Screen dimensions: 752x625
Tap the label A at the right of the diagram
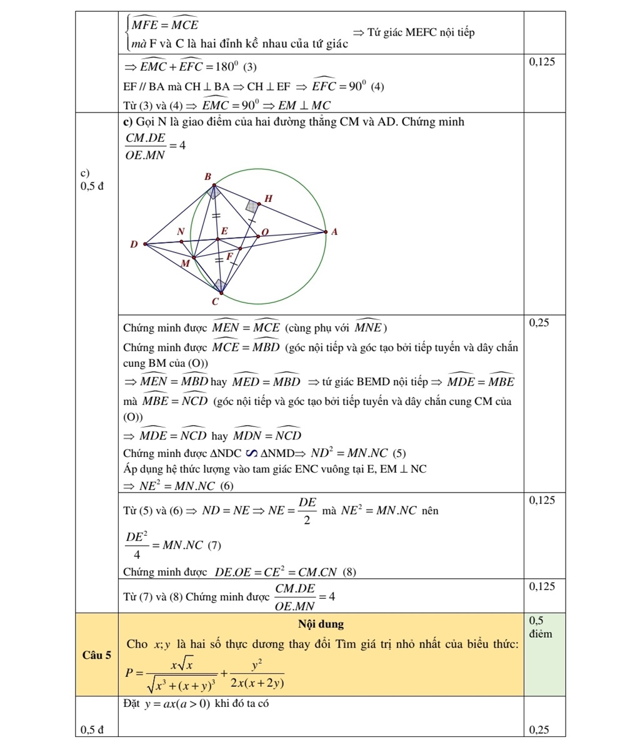click(334, 231)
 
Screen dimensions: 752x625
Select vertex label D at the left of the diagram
click(133, 244)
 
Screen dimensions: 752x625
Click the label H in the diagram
click(269, 199)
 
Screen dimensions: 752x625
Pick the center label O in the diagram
click(264, 231)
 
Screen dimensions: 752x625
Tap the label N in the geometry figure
click(181, 231)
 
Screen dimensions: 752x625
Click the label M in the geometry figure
click(184, 264)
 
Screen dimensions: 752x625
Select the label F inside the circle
click(229, 256)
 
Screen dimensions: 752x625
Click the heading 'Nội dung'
click(321, 624)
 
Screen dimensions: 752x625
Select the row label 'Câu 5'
click(96, 655)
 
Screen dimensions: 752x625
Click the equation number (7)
click(214, 545)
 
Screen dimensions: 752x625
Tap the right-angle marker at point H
click(252, 206)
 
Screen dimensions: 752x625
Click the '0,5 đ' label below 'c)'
click(92, 186)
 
